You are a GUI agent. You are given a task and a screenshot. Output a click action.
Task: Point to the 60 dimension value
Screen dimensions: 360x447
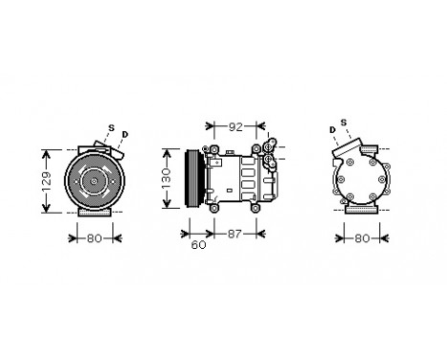click(198, 245)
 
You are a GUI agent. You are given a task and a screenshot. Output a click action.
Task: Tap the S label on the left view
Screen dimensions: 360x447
click(110, 127)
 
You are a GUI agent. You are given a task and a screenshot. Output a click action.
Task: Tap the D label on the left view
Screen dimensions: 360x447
click(125, 132)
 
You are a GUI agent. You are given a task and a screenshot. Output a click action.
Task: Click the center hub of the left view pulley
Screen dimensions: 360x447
click(93, 181)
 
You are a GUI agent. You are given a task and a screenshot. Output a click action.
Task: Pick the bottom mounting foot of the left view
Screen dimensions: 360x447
click(93, 215)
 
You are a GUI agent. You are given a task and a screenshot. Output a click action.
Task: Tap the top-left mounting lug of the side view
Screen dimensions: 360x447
click(215, 149)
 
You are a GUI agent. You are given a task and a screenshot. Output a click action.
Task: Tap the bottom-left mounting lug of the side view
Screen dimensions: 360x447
click(215, 209)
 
